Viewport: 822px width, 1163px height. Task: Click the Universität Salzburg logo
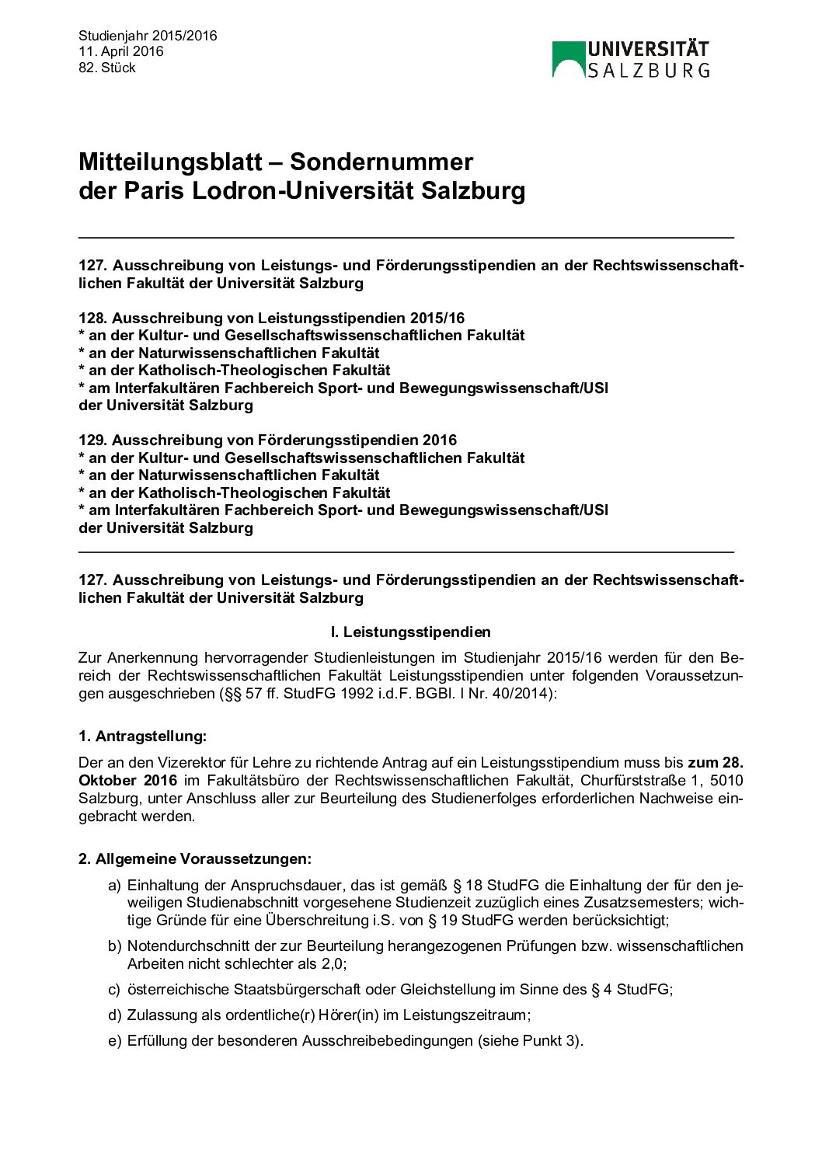[x=630, y=59]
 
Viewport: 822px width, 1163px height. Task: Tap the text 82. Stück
[x=107, y=68]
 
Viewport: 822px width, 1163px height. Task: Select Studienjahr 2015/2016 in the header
[x=148, y=36]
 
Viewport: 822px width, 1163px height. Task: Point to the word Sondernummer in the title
[x=381, y=162]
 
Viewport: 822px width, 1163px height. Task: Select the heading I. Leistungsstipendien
[x=410, y=632]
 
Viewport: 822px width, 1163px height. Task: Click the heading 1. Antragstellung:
[x=142, y=736]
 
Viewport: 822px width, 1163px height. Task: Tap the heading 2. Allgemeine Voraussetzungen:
[x=194, y=859]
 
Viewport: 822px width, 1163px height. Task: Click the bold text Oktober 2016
[x=127, y=781]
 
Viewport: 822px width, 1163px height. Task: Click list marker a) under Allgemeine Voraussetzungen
[x=114, y=886]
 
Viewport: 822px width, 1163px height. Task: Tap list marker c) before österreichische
[x=114, y=990]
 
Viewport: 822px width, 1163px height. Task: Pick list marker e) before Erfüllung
[x=114, y=1041]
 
